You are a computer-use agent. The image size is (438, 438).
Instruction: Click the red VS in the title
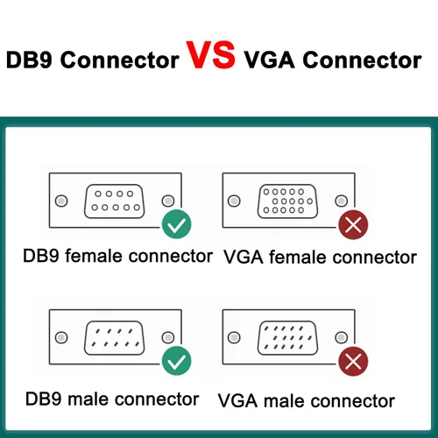(210, 55)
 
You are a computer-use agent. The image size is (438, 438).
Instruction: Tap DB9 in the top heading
(29, 60)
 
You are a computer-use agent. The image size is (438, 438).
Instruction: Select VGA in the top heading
(269, 60)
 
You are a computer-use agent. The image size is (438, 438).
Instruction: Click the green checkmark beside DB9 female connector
(176, 224)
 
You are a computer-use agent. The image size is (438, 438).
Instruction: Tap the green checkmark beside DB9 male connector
(176, 361)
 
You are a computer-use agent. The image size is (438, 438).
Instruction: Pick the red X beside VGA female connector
(353, 224)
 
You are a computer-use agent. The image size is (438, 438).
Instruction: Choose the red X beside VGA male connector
(353, 361)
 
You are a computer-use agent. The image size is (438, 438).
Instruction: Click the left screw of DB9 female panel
(61, 201)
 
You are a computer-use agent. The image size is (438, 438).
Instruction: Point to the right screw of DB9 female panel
(168, 201)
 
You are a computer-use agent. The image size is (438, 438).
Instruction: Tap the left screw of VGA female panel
(234, 201)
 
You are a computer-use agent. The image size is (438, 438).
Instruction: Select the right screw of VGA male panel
(342, 337)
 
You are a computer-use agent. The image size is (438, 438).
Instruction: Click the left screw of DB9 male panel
(61, 337)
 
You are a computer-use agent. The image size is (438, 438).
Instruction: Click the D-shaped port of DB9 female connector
(114, 201)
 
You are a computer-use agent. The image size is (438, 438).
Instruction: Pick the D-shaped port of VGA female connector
(287, 201)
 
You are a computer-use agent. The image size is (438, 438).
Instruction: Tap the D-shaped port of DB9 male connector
(114, 338)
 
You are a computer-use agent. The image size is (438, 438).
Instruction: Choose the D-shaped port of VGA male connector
(287, 338)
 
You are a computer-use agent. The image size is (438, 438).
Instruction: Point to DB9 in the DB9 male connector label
(44, 399)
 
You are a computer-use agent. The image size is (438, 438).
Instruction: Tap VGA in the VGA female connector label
(244, 258)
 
